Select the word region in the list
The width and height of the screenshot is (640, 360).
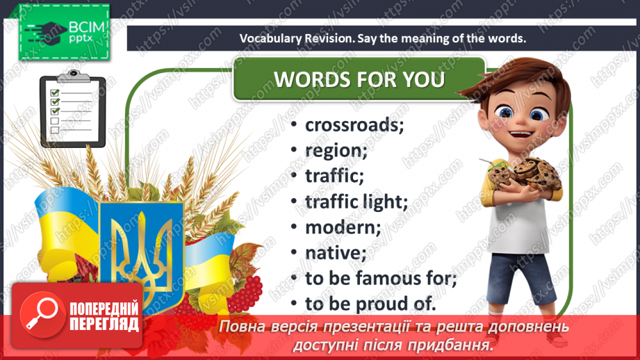click(336, 151)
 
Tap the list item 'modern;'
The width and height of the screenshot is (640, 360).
click(343, 227)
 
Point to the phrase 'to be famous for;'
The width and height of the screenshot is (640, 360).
click(381, 279)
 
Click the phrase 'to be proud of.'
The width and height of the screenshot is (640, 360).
click(370, 304)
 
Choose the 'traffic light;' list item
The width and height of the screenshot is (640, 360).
click(356, 202)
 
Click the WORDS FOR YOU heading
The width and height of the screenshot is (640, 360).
click(359, 79)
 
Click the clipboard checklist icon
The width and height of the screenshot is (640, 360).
click(73, 109)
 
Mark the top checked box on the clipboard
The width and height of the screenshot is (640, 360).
click(55, 92)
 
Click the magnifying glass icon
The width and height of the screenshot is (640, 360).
click(42, 313)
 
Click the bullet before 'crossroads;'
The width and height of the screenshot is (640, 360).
click(294, 124)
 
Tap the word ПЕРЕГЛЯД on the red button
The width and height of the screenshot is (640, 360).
click(104, 324)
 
